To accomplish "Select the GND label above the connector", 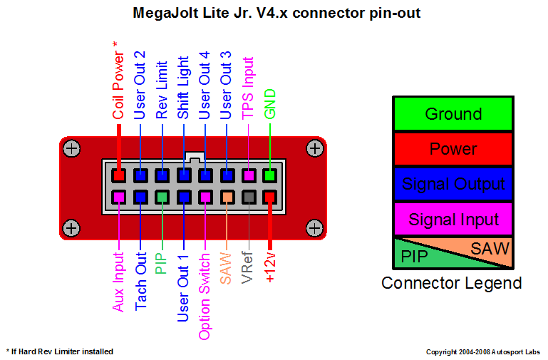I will point(269,103).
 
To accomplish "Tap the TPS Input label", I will point(248,87).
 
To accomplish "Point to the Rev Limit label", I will point(162,91).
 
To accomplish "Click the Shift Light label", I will point(184,87).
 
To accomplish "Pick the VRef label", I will point(248,268).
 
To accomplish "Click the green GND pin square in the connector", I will point(270,175).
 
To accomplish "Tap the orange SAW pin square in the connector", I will point(227,196).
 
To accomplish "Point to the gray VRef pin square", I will point(249,196).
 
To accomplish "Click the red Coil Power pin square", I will point(119,175).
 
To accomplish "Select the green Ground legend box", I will point(453,114).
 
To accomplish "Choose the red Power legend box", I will point(453,149).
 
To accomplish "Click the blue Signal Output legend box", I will point(453,184).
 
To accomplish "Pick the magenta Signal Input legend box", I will point(453,219).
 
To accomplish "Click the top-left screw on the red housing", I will point(71,148).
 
